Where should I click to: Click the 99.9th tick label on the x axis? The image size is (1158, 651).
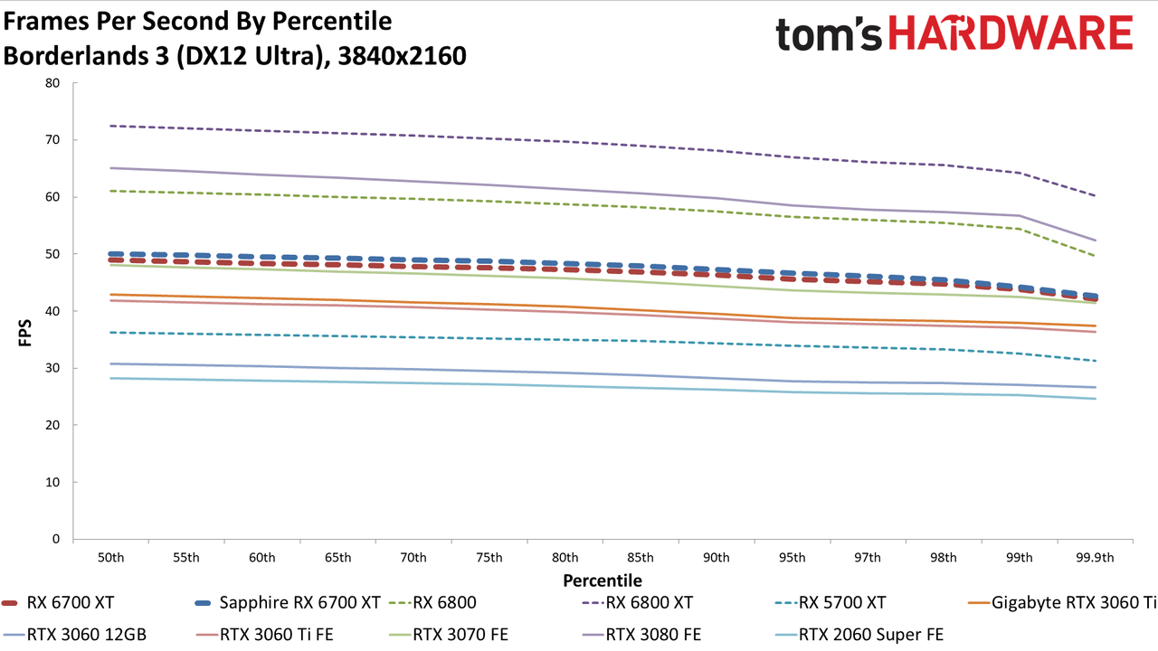pyautogui.click(x=1095, y=558)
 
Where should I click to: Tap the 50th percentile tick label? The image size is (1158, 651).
pyautogui.click(x=110, y=558)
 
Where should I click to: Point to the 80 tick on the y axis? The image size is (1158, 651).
pyautogui.click(x=52, y=83)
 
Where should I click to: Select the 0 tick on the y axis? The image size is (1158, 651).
pyautogui.click(x=56, y=540)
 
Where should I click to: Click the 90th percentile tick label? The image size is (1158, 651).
pyautogui.click(x=716, y=558)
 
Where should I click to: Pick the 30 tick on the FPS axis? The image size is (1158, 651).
pyautogui.click(x=52, y=368)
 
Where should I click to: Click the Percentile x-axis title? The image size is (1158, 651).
pyautogui.click(x=603, y=580)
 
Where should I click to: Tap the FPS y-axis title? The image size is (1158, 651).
pyautogui.click(x=24, y=333)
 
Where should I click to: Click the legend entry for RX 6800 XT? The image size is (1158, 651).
pyautogui.click(x=638, y=603)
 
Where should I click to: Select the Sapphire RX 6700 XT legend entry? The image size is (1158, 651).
pyautogui.click(x=288, y=603)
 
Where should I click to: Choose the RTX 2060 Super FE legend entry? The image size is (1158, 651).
pyautogui.click(x=859, y=635)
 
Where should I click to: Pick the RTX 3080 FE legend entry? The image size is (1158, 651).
pyautogui.click(x=642, y=635)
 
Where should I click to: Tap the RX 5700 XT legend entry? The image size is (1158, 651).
pyautogui.click(x=831, y=603)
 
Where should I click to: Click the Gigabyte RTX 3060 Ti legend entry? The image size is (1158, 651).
pyautogui.click(x=1062, y=603)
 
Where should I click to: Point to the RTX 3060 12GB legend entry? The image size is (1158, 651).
pyautogui.click(x=74, y=635)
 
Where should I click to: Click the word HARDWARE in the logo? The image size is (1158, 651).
pyautogui.click(x=1011, y=33)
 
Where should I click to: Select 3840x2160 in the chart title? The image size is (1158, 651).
pyautogui.click(x=402, y=56)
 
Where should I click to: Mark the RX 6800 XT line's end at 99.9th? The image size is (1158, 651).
pyautogui.click(x=1095, y=196)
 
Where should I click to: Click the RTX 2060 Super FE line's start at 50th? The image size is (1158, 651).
pyautogui.click(x=110, y=378)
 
